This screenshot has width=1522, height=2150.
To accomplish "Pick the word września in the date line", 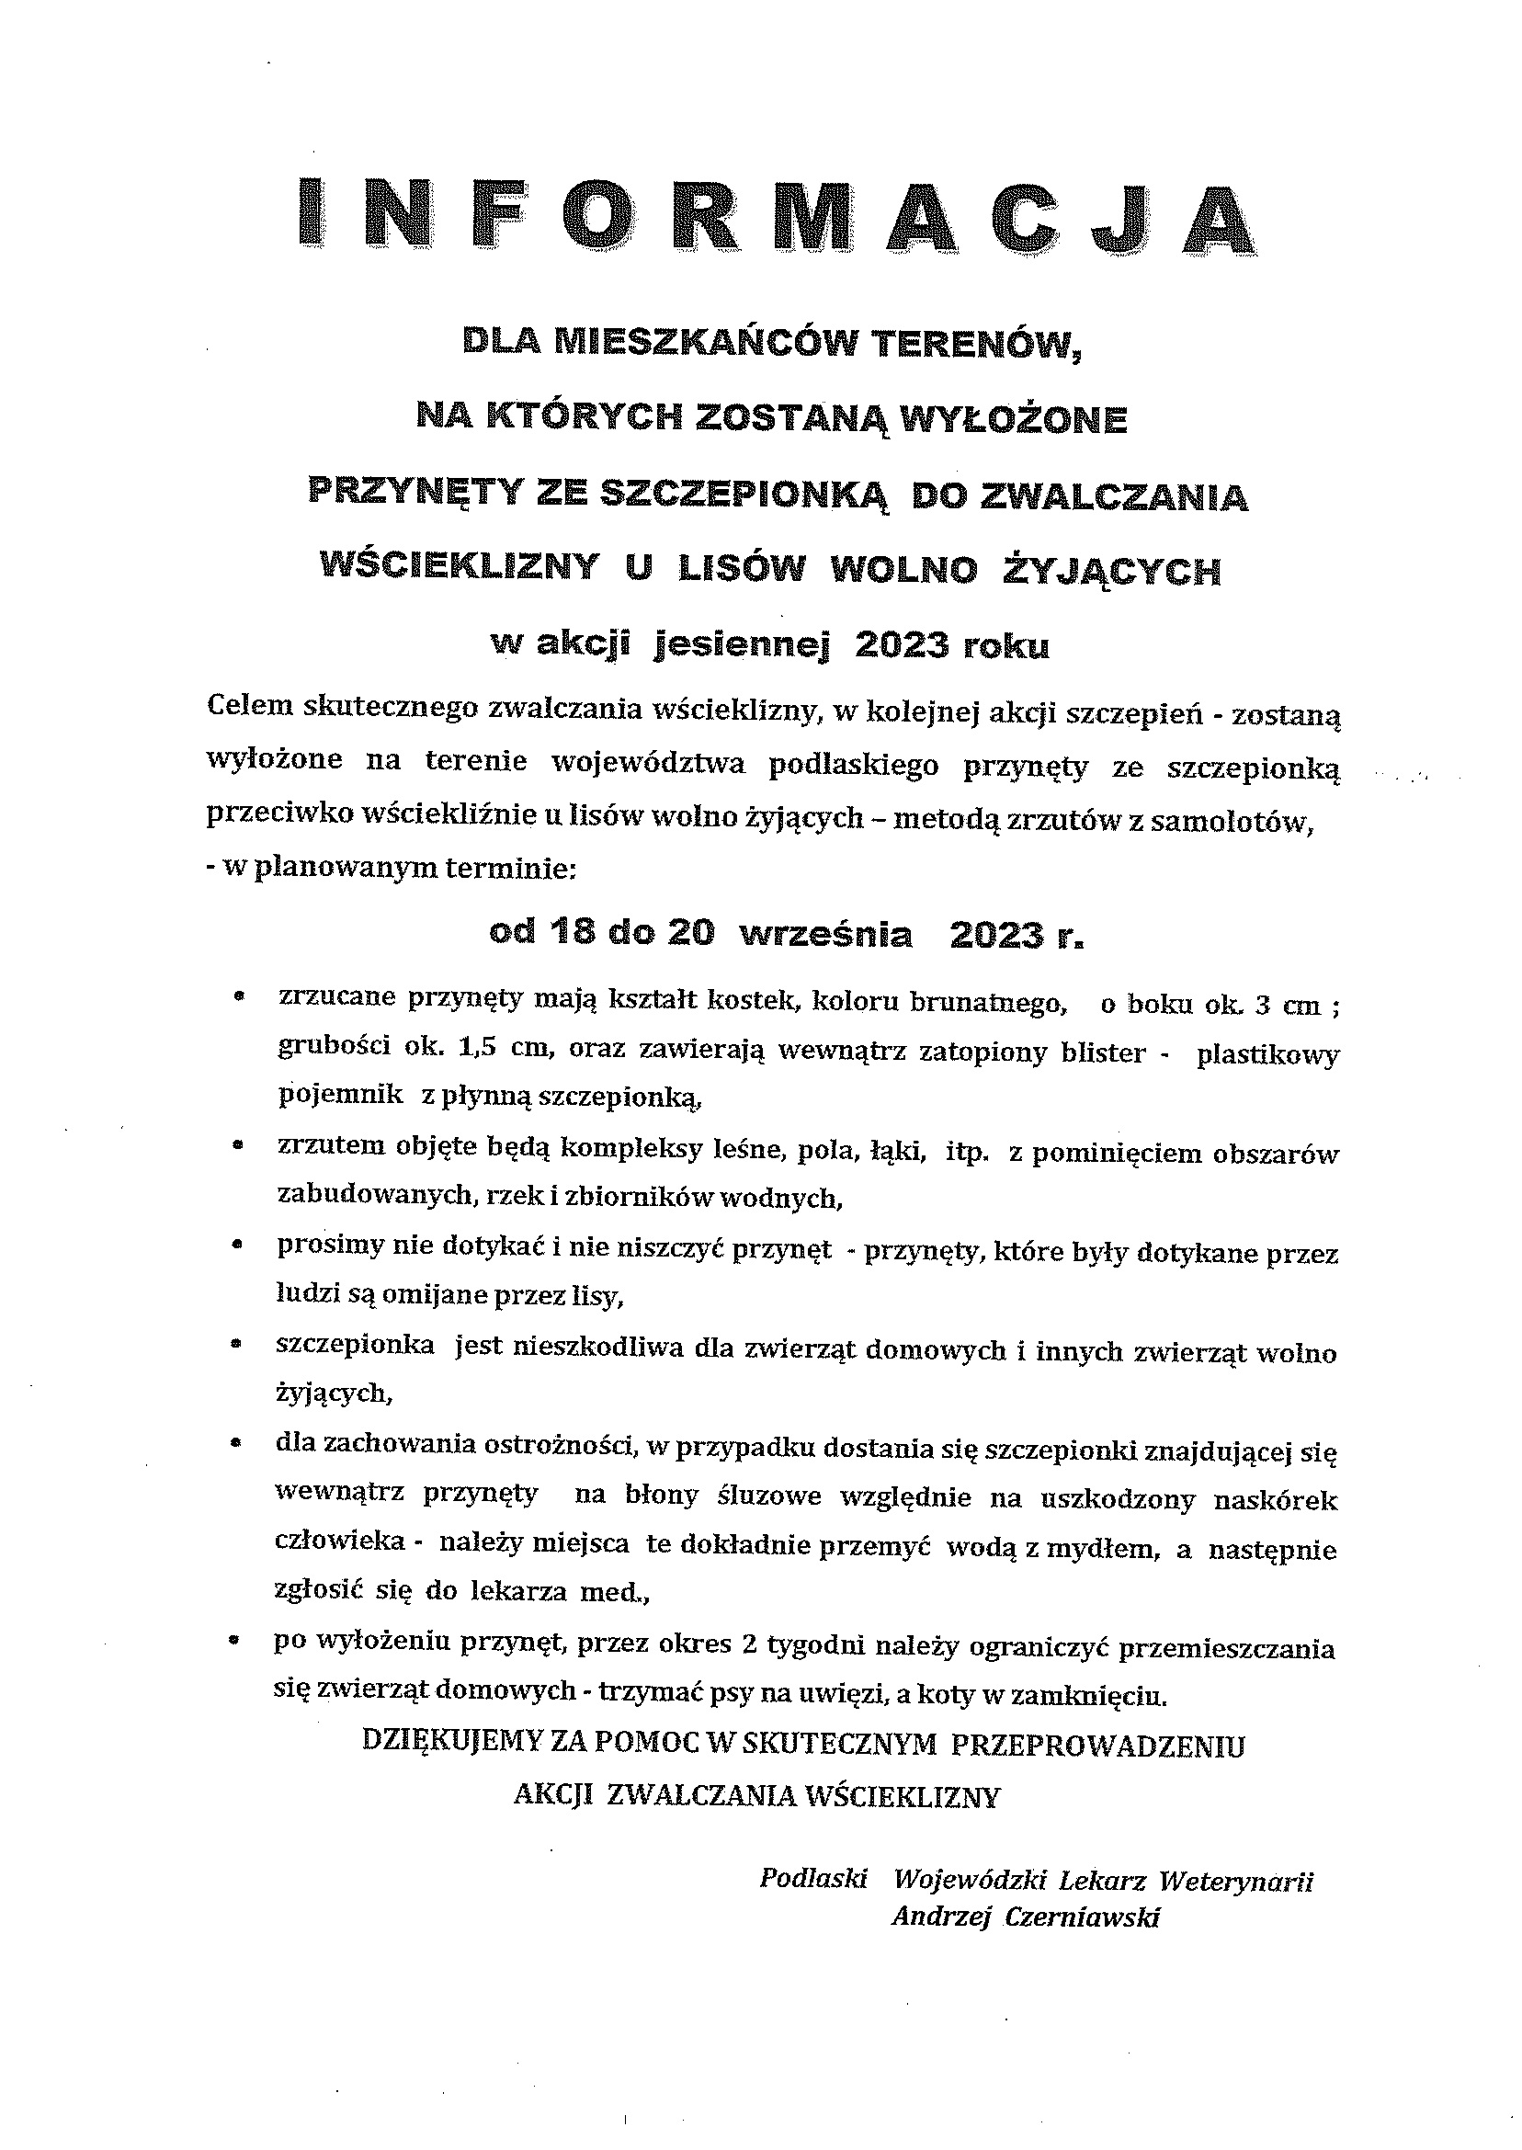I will [825, 935].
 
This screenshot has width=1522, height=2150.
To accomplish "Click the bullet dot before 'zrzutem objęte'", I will [238, 1145].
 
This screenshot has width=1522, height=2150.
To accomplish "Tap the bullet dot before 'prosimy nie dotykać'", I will [238, 1246].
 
